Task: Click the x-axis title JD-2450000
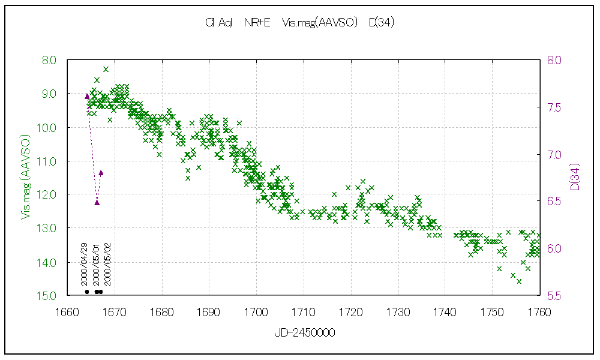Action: point(304,332)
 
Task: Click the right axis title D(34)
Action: point(574,177)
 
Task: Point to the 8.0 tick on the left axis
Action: point(49,60)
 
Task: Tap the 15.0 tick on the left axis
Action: point(49,296)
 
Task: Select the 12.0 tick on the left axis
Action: point(49,194)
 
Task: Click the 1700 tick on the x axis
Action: point(256,312)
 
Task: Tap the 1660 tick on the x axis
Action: point(67,312)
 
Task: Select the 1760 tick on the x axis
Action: point(539,312)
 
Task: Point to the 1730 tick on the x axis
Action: point(398,312)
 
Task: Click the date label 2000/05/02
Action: point(108,264)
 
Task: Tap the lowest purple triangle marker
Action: point(97,202)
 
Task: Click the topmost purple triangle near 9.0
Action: point(87,96)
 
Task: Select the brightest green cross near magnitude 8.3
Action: point(106,69)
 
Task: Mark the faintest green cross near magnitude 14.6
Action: point(519,281)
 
